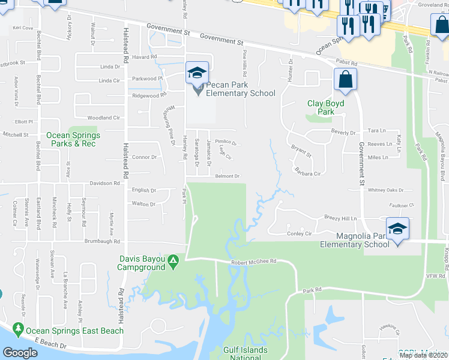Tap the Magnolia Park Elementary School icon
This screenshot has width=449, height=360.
tap(397, 229)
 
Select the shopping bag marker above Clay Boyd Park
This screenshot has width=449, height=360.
tap(346, 80)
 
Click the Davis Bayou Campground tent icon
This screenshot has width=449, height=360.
tap(173, 262)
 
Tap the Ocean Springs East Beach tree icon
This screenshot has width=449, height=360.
tap(18, 330)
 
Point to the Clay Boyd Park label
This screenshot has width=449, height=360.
tap(325, 107)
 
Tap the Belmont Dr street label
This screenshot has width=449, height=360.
tap(228, 176)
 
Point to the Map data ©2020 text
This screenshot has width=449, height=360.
tap(423, 356)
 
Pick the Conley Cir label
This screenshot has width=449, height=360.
tap(300, 233)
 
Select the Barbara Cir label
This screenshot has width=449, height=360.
tap(309, 172)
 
